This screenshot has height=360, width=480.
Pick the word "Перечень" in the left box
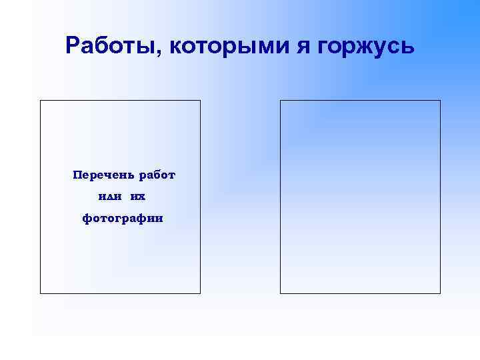point(103,175)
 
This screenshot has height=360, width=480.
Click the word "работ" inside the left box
point(157,175)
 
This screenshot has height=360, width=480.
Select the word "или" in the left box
point(106,197)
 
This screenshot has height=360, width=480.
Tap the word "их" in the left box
point(138,197)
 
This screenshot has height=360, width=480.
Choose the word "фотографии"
point(121,218)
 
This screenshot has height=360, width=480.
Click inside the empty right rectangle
point(360,197)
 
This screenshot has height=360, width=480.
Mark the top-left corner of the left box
point(41,101)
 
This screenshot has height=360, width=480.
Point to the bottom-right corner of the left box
point(200,293)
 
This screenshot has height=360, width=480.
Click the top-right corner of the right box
point(440,101)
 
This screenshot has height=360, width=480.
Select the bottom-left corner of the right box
point(281,293)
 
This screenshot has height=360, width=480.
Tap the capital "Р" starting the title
point(73,46)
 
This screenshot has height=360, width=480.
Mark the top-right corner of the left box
point(200,101)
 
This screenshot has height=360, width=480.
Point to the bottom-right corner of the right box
point(440,293)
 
